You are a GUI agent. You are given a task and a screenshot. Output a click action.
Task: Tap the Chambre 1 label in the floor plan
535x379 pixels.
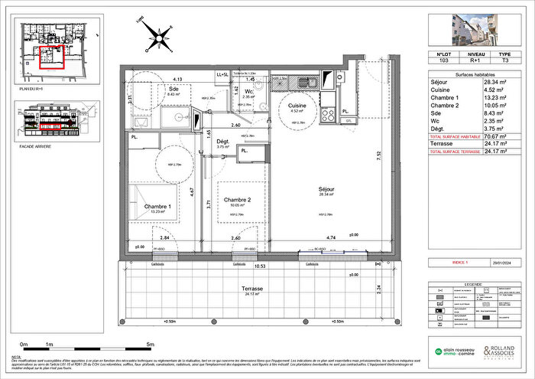tap(158, 207)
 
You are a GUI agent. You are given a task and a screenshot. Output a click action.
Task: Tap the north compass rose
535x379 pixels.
tap(160, 35)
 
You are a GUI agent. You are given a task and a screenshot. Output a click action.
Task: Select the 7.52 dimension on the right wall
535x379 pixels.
tap(398, 154)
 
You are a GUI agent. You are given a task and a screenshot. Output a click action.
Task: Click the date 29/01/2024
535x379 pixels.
tap(504, 261)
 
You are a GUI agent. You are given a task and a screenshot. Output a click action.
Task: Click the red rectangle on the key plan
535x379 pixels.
tap(52, 57)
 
